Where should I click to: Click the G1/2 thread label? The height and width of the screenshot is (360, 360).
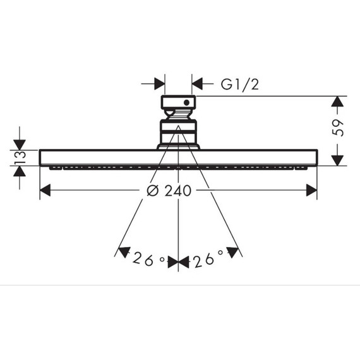pyautogui.click(x=240, y=84)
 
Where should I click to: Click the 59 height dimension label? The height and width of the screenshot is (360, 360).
pyautogui.click(x=338, y=128)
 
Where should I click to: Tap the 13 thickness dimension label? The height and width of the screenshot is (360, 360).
pyautogui.click(x=20, y=157)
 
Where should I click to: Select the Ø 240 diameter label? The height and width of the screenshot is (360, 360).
pyautogui.click(x=169, y=191)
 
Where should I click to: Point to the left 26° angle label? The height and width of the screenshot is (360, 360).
pyautogui.click(x=149, y=259)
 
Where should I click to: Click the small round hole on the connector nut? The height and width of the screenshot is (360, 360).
pyautogui.click(x=187, y=102)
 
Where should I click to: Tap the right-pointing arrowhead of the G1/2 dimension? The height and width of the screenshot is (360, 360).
pyautogui.click(x=160, y=83)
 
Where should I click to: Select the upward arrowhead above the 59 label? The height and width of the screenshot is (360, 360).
pyautogui.click(x=337, y=102)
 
